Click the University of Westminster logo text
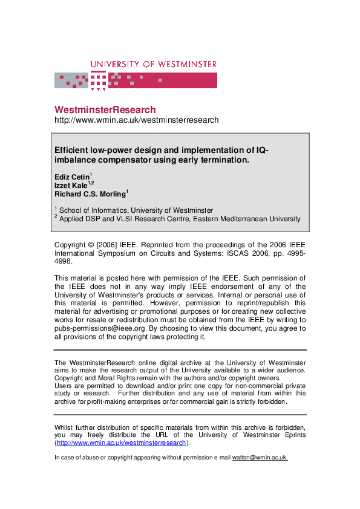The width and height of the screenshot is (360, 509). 153,64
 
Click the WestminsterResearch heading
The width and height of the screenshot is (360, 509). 105,110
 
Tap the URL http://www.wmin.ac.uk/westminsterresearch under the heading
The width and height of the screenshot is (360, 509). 136,120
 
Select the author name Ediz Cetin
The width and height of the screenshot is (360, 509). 71,177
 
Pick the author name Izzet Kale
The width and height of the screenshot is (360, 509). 70,186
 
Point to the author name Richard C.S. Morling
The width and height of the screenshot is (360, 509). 90,195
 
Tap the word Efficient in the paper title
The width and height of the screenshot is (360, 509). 73,151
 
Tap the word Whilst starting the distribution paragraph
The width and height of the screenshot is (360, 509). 66,426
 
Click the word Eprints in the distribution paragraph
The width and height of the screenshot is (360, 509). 290,435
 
